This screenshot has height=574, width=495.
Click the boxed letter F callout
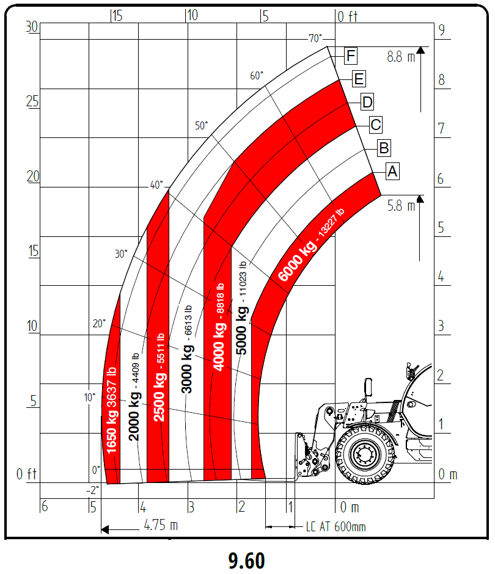[351, 56]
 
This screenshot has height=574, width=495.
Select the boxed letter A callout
[392, 172]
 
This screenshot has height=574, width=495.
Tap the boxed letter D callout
[367, 102]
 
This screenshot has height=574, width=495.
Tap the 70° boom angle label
[315, 38]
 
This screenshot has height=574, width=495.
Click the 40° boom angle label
[156, 185]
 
